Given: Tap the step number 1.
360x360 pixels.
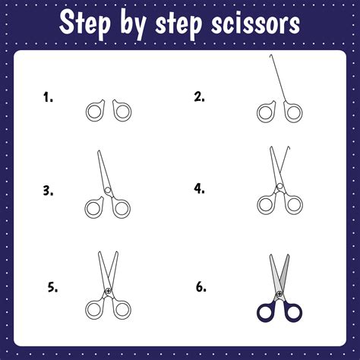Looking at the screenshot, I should (47, 96).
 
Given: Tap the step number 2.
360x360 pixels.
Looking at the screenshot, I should (200, 96).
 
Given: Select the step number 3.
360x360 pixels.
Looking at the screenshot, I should (48, 191).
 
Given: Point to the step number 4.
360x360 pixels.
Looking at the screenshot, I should (200, 188).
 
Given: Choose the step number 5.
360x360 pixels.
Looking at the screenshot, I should (52, 287).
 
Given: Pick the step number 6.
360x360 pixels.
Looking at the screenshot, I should (201, 287).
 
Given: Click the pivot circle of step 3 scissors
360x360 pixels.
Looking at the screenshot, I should (108, 190).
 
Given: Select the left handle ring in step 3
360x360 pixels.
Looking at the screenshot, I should (95, 207).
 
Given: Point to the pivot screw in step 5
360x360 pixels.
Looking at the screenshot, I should (108, 292).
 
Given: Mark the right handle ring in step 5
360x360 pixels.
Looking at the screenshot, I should (121, 309).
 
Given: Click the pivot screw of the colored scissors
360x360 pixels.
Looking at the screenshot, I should (279, 292).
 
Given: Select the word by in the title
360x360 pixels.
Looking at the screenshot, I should (147, 25).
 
